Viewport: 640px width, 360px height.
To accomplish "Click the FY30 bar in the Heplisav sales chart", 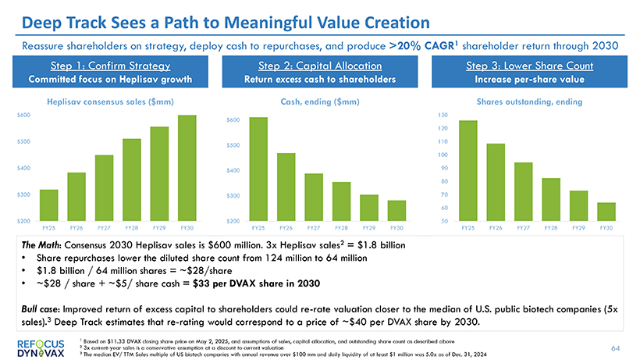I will coord(187,168).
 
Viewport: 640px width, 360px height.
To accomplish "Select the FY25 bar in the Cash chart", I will coord(258,169).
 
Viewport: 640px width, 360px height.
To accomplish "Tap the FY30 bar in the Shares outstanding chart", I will coord(606,212).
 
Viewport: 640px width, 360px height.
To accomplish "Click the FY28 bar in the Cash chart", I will coord(341,201).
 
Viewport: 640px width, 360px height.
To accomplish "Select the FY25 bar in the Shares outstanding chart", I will coord(468,171).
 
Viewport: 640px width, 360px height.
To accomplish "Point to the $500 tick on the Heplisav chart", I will coord(23,141).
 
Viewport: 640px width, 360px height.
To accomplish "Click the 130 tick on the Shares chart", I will coord(443,115).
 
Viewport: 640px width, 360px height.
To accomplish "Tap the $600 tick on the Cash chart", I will coord(233,119).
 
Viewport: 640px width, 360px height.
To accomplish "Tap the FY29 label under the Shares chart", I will coord(578,228).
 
